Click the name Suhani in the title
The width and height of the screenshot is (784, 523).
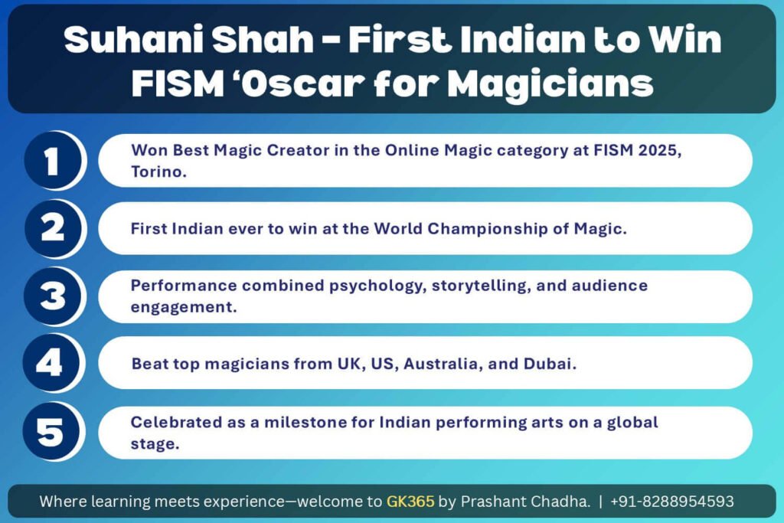click(132, 39)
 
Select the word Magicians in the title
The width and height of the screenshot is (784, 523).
click(550, 84)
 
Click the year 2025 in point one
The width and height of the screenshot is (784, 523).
click(658, 151)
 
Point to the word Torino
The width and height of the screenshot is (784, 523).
click(158, 172)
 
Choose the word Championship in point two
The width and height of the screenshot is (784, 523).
click(488, 230)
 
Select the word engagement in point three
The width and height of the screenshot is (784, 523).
click(184, 308)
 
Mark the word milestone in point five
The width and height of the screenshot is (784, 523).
click(305, 423)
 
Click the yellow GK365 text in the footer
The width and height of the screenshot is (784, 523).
click(410, 501)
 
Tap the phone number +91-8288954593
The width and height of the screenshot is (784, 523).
click(672, 501)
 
